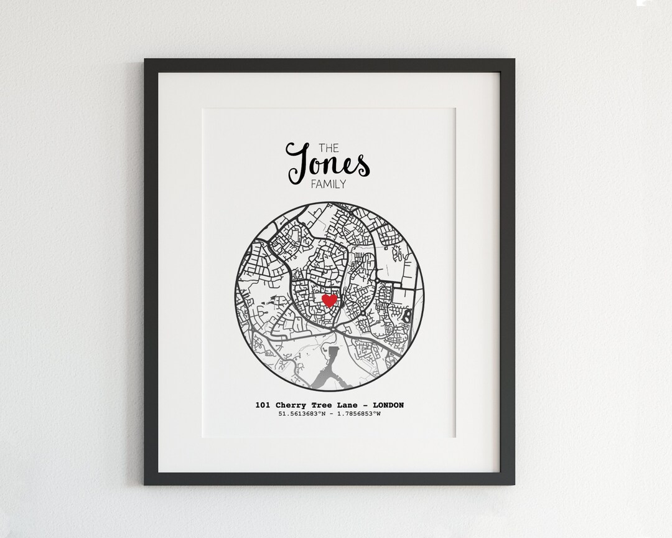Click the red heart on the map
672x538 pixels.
(x=329, y=301)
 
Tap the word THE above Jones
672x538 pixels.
(x=329, y=148)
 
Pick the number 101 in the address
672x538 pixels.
(x=263, y=405)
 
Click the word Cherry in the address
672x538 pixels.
(x=289, y=405)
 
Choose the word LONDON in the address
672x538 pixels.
(x=388, y=405)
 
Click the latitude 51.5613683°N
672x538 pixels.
(x=302, y=414)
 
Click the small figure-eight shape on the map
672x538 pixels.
(x=407, y=316)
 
